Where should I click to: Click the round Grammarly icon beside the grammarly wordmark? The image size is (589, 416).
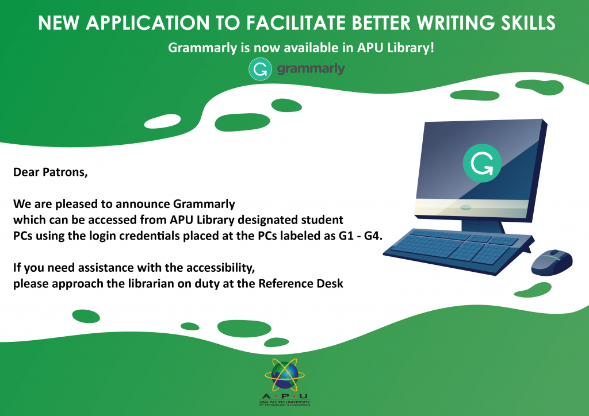coord(260,69)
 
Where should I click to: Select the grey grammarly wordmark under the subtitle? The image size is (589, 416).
coord(311,69)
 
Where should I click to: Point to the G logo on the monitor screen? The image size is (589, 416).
coord(482,163)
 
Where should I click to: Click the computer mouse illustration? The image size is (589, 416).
coord(552,262)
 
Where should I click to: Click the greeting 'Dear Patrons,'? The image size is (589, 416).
coord(51,172)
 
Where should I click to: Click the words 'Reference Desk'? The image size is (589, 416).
coord(301,284)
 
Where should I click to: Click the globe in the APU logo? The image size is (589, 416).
coord(285,375)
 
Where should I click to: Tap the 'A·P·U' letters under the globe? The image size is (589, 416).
coord(285,396)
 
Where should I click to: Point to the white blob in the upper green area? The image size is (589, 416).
coord(162,121)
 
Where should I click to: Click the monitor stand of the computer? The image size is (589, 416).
coord(483,226)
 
